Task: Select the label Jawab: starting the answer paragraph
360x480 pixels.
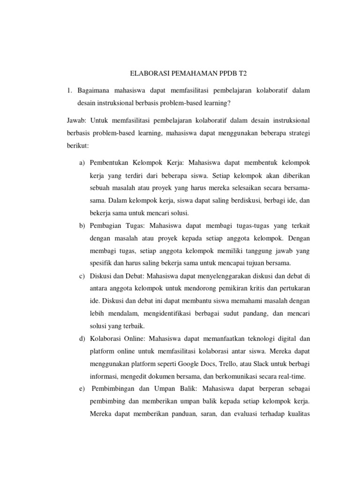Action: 75,120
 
